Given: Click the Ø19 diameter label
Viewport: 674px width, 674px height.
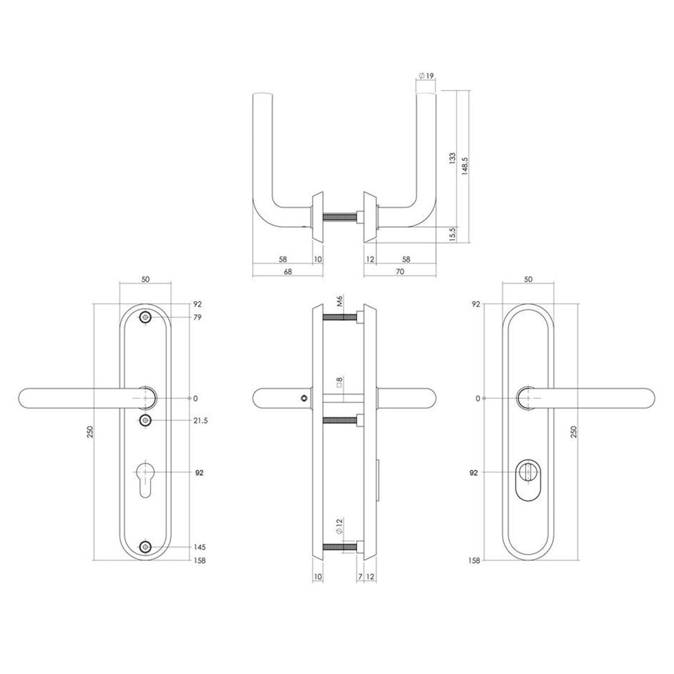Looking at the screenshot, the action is pyautogui.click(x=426, y=76).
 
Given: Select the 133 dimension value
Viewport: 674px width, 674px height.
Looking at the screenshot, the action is pyautogui.click(x=452, y=158).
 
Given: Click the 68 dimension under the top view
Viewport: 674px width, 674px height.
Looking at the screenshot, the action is pyautogui.click(x=288, y=272).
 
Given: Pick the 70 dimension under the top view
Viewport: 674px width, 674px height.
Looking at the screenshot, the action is pyautogui.click(x=400, y=272).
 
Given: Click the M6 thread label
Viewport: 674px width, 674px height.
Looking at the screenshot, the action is pyautogui.click(x=339, y=301).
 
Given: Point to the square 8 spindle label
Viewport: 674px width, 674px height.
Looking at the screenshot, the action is pyautogui.click(x=339, y=382).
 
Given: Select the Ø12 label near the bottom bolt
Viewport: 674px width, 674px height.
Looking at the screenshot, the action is pyautogui.click(x=339, y=526).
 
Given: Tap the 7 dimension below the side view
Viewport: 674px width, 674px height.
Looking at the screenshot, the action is pyautogui.click(x=360, y=576).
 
